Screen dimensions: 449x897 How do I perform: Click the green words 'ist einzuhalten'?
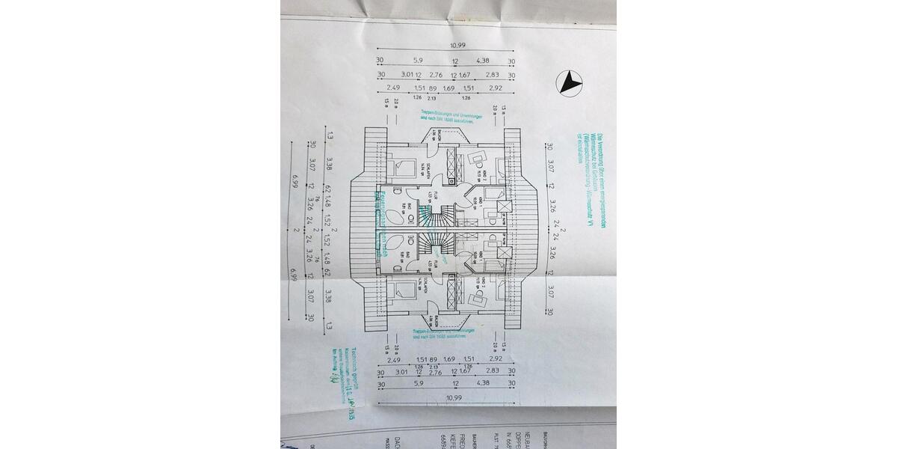(579, 140)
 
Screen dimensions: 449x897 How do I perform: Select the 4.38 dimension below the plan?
(484, 382)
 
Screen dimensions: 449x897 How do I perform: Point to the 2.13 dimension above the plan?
(431, 97)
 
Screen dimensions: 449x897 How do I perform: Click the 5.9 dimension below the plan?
(418, 382)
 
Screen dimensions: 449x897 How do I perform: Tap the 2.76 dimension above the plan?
(436, 75)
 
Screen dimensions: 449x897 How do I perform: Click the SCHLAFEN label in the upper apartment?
(423, 171)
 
